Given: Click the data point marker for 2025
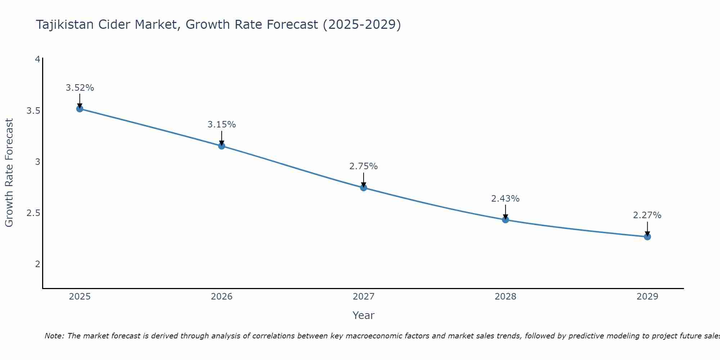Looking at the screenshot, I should (80, 109).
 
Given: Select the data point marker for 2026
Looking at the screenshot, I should (222, 146).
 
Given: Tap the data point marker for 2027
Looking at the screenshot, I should (364, 188).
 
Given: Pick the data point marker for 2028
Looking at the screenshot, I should (505, 220).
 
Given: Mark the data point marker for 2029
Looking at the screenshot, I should (647, 237).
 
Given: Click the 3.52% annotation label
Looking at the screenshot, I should (80, 88).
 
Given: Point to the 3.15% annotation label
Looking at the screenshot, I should (222, 125).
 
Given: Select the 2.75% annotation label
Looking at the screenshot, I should (364, 166).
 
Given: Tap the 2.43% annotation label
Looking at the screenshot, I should (505, 199).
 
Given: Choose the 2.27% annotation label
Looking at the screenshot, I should (647, 215).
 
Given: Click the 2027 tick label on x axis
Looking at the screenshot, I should (364, 297).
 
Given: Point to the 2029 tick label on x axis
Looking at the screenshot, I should (647, 297).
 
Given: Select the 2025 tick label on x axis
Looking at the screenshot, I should (80, 297).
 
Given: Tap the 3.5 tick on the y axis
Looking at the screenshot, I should (33, 111).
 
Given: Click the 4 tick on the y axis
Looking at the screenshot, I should (37, 59).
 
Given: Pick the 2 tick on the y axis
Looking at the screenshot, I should (37, 264).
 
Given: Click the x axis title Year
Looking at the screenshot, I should (364, 315).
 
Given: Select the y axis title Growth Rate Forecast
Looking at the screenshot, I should (9, 173).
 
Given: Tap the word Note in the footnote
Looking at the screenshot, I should (54, 336).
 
